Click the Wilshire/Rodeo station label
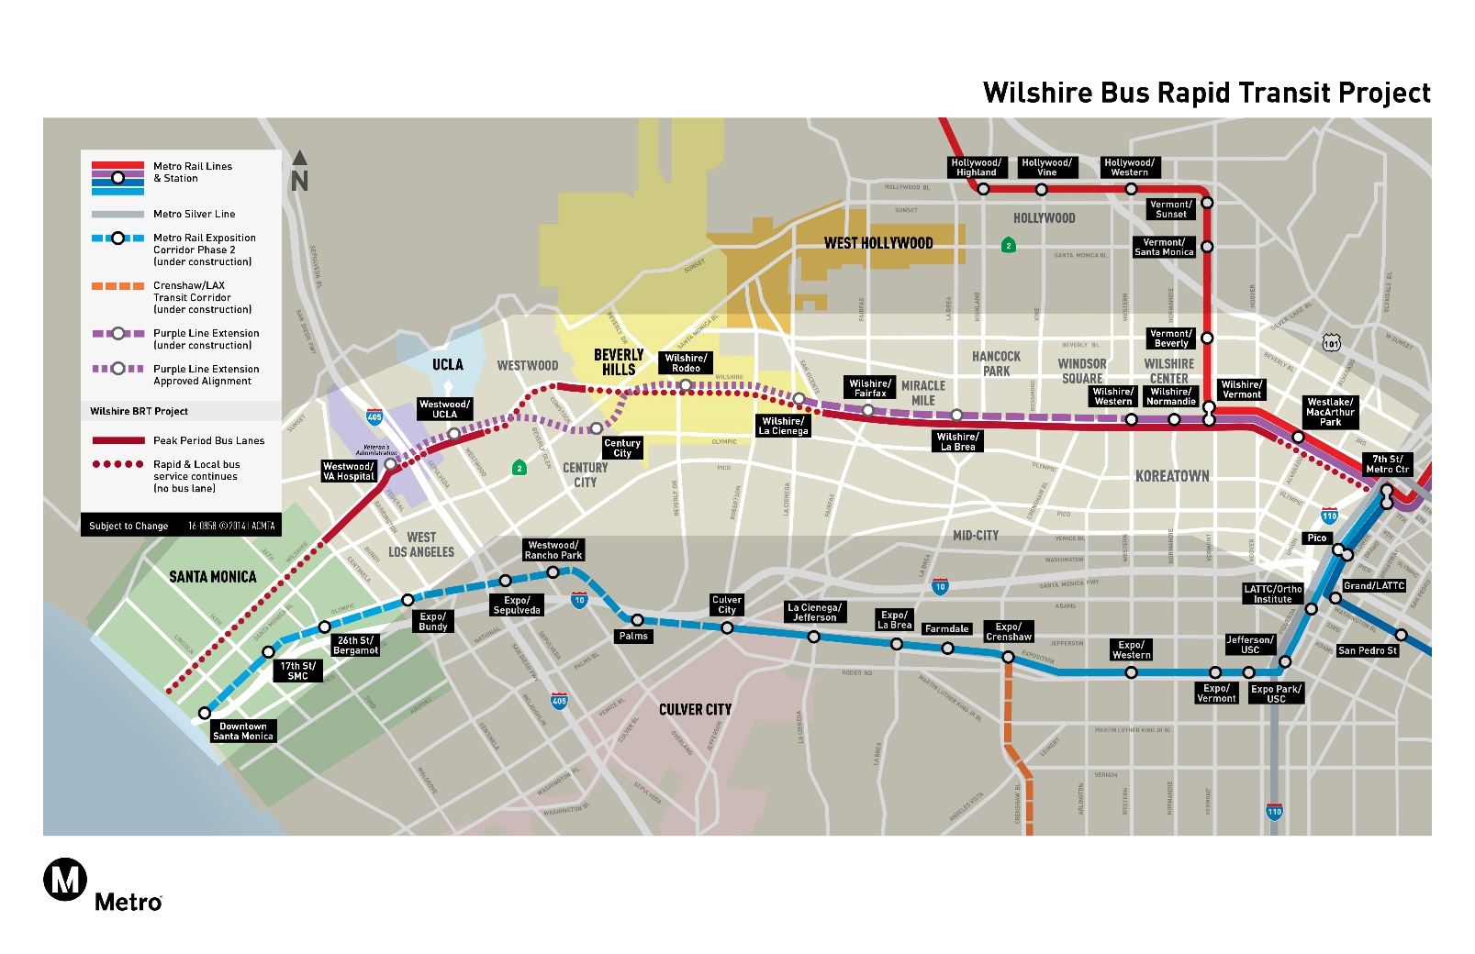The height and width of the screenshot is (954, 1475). tap(686, 363)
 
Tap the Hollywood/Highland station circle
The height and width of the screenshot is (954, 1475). tap(983, 189)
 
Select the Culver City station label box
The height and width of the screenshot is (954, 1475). tap(727, 605)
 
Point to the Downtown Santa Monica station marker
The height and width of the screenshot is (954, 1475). tap(205, 713)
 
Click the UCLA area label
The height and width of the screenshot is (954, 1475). tap(448, 365)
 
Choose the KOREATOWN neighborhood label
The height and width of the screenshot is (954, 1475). tap(1172, 476)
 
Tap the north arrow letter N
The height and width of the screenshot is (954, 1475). tap(299, 181)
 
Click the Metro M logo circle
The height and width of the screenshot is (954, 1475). tap(65, 880)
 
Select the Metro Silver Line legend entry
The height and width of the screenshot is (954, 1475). tap(194, 214)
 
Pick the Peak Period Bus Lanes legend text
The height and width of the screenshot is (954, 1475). tap(208, 440)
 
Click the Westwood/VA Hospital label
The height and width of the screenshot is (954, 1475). tap(349, 471)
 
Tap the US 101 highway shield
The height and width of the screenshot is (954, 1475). tap(1331, 343)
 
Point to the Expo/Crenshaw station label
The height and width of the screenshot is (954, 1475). tap(1009, 632)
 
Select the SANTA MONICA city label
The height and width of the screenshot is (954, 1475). tap(212, 577)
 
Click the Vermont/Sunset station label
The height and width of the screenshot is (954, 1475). tap(1171, 210)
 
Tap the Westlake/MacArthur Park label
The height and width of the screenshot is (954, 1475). tap(1330, 412)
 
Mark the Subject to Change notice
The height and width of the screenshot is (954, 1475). tap(129, 526)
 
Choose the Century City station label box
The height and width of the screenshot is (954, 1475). tap(622, 448)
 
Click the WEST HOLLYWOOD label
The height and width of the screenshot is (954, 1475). tap(878, 243)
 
